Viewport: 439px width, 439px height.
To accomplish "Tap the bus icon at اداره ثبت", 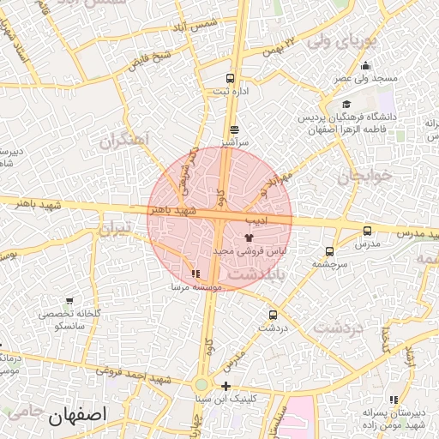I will pyautogui.click(x=230, y=79).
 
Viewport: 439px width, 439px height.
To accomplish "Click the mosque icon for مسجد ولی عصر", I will pyautogui.click(x=366, y=66).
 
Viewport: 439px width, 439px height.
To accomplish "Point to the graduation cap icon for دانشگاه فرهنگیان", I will pyautogui.click(x=346, y=105).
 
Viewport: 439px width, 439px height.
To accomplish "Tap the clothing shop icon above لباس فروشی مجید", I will pyautogui.click(x=249, y=237).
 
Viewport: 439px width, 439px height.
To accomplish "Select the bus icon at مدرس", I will pyautogui.click(x=368, y=231).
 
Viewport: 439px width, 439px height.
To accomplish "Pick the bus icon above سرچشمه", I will pyautogui.click(x=329, y=252).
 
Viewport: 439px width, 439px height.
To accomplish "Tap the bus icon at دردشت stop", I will pyautogui.click(x=273, y=315).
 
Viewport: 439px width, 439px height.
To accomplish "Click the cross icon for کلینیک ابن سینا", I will pyautogui.click(x=226, y=386).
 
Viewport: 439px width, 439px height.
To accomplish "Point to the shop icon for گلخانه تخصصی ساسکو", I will pyautogui.click(x=69, y=302).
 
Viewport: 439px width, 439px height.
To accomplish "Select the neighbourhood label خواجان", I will pyautogui.click(x=364, y=176).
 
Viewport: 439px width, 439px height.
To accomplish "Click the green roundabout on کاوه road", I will pyautogui.click(x=201, y=385).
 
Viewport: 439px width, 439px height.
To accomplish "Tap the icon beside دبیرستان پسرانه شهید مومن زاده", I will pyautogui.click(x=394, y=400).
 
